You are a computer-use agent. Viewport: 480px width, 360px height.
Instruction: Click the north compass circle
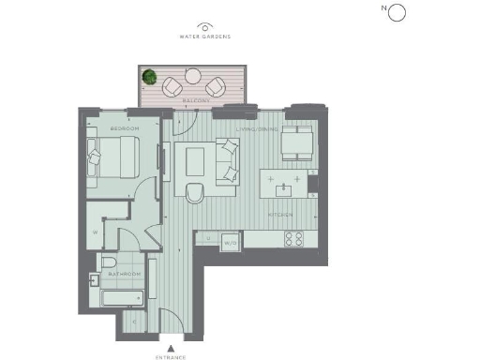396,12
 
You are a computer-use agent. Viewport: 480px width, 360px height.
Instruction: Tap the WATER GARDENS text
205,37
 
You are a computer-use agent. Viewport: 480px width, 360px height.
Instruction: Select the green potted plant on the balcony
148,76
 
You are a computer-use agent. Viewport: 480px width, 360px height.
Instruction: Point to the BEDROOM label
124,127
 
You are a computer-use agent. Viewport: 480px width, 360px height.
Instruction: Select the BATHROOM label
124,274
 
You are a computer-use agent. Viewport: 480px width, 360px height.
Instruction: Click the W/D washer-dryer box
229,244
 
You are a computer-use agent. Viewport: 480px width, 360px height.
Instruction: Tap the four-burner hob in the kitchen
292,238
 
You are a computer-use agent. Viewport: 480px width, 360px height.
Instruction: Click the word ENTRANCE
170,356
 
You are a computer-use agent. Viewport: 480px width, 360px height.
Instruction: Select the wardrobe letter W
96,231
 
